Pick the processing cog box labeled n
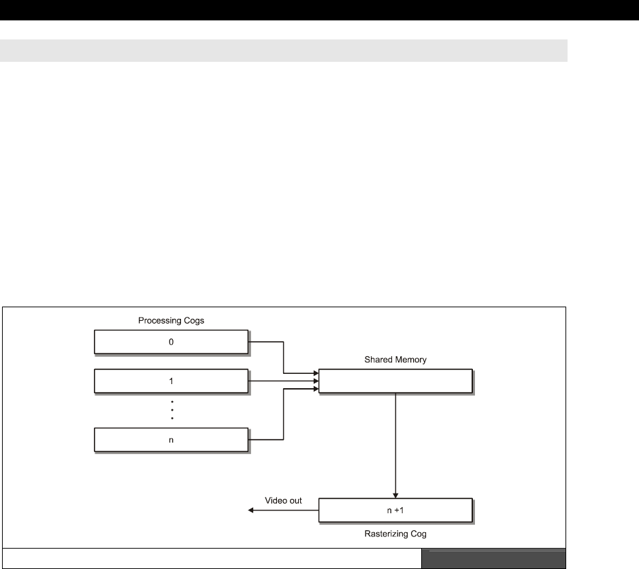click(x=136, y=441)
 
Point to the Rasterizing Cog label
click(x=395, y=534)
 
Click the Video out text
click(x=283, y=500)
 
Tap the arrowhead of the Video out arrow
click(x=250, y=510)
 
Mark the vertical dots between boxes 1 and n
click(x=171, y=411)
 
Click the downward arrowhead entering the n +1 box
click(x=395, y=496)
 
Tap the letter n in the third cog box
click(x=171, y=441)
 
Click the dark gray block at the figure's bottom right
click(x=493, y=558)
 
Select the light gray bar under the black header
click(x=283, y=50)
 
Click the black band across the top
click(x=319, y=10)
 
